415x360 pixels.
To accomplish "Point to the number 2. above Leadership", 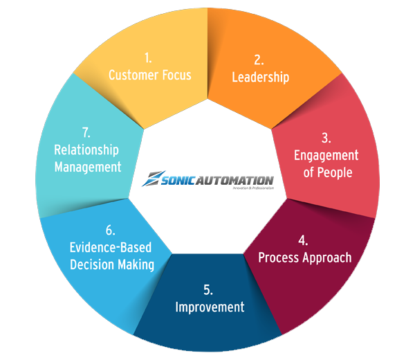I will coord(258,60).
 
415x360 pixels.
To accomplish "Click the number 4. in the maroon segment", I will coord(304,240).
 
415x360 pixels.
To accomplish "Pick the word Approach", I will coord(326,258).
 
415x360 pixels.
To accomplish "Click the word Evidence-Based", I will coord(111,247).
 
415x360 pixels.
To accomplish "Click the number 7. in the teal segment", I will coord(86,132).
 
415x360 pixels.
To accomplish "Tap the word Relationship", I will coord(86,150).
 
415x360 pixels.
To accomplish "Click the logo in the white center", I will coord(207,179).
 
